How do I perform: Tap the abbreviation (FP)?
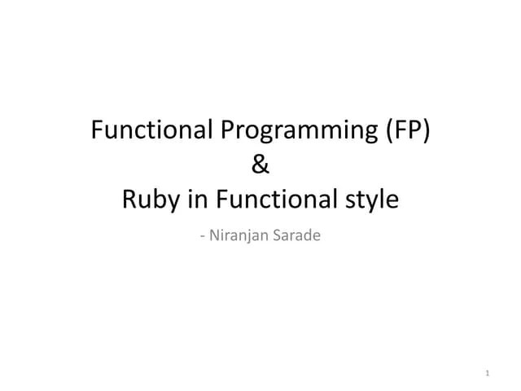(401, 130)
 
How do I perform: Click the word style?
(371, 200)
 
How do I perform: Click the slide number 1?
(486, 374)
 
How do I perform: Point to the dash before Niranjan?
(201, 237)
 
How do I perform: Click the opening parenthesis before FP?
(381, 130)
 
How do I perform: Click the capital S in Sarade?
(278, 236)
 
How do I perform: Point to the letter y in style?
(374, 202)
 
